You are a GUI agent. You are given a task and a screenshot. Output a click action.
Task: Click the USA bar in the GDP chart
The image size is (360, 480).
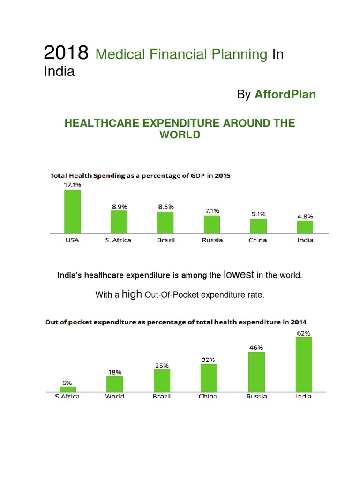pyautogui.click(x=72, y=211)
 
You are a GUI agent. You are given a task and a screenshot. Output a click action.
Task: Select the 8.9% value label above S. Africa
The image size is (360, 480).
pyautogui.click(x=119, y=206)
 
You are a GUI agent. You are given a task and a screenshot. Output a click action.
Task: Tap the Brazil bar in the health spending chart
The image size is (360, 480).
pyautogui.click(x=165, y=222)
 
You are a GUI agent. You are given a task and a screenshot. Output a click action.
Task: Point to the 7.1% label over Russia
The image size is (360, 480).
pyautogui.click(x=212, y=210)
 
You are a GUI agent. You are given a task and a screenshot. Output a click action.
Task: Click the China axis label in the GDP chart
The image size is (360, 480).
pyautogui.click(x=258, y=240)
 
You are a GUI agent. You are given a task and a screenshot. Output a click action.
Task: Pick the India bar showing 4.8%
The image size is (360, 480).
pyautogui.click(x=305, y=227)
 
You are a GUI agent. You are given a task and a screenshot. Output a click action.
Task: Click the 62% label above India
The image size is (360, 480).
pyautogui.click(x=303, y=333)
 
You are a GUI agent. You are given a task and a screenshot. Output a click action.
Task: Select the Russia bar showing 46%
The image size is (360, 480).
pyautogui.click(x=256, y=371)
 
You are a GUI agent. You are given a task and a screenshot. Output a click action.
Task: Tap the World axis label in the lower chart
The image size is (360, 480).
pyautogui.click(x=114, y=396)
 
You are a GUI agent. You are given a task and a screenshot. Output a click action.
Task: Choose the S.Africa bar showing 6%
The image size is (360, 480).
pyautogui.click(x=68, y=389)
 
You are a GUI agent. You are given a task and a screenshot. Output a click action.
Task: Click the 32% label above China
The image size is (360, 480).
pyautogui.click(x=209, y=360)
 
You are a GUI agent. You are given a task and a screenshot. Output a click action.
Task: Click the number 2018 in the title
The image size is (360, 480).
pyautogui.click(x=66, y=54)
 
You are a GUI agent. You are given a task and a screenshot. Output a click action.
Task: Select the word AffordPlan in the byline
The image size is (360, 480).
pyautogui.click(x=285, y=95)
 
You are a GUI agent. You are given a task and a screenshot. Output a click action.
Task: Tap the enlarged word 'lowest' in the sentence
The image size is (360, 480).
pyautogui.click(x=239, y=274)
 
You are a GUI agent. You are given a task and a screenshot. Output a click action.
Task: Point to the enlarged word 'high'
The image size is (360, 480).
pyautogui.click(x=131, y=294)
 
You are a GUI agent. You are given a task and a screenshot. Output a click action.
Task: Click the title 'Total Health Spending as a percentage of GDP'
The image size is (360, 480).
pyautogui.click(x=140, y=176)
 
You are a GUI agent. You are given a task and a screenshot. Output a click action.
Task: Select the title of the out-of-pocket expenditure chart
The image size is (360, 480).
pyautogui.click(x=176, y=322)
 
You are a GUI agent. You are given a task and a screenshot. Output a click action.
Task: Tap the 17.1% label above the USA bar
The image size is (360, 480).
pyautogui.click(x=72, y=185)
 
